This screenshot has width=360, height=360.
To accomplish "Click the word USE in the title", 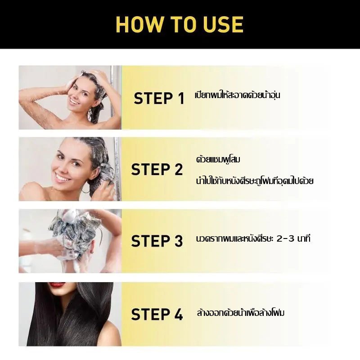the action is coord(223,25).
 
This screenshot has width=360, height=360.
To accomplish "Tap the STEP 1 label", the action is coord(159,98).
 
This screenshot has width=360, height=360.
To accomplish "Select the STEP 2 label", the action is coord(157,169).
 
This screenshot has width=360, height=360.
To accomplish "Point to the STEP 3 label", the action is coord(157,241).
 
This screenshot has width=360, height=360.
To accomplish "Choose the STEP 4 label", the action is coord(157,314).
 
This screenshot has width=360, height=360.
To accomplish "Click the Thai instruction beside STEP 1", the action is coord(238,95).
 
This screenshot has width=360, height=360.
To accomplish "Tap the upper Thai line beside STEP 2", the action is coord(218,159).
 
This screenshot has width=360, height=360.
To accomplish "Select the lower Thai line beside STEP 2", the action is coord(255,180).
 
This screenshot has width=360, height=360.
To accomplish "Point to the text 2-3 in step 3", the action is coord(285,239).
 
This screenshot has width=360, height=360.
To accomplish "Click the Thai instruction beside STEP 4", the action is coord(241,313).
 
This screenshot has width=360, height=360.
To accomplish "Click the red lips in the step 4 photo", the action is coord(58,285).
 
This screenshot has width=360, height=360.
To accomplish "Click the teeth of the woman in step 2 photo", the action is coord(62,178).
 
